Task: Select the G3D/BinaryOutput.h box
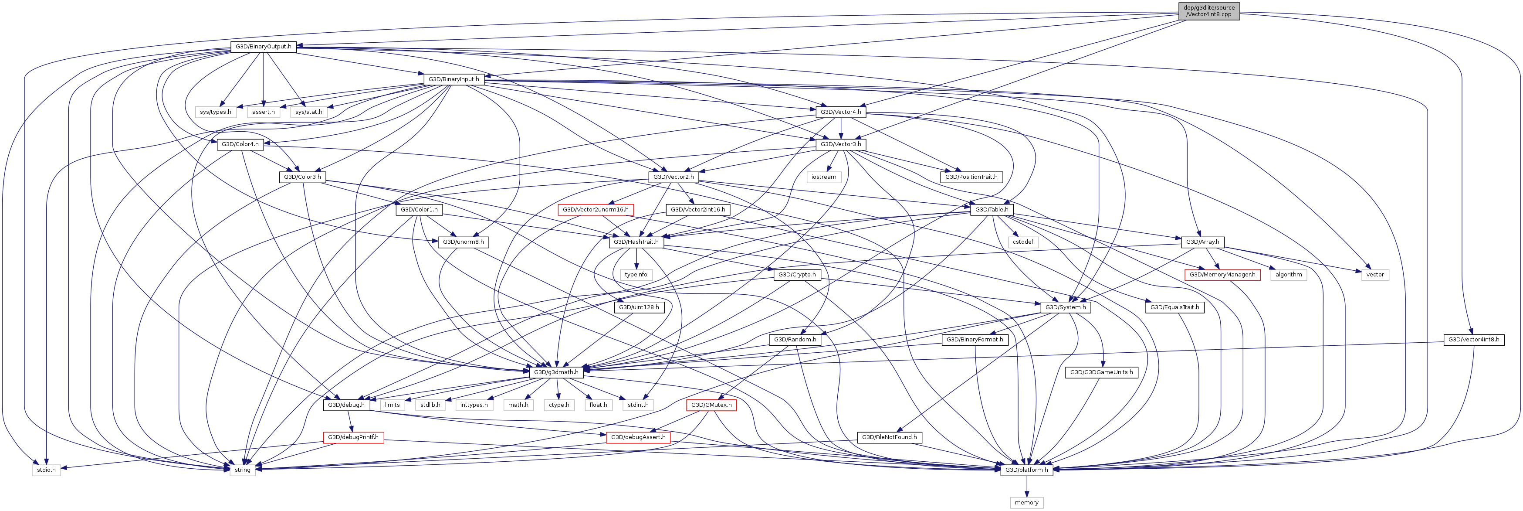[263, 47]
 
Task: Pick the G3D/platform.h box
[1026, 470]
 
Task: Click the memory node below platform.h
[1026, 503]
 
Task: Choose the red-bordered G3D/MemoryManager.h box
[1222, 274]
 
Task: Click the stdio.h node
[46, 470]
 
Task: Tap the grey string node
[242, 470]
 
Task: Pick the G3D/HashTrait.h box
[636, 242]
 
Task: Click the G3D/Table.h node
[992, 209]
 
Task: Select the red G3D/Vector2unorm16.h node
[596, 209]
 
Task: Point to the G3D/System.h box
[1065, 307]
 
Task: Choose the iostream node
[823, 177]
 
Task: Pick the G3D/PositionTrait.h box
[971, 177]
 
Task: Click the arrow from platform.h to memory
[1026, 486]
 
